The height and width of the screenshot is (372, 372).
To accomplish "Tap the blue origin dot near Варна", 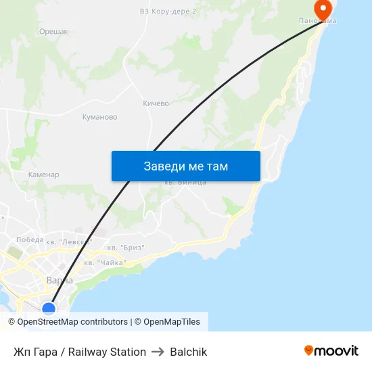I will click(x=49, y=308).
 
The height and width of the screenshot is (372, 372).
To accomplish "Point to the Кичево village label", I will click(x=156, y=103).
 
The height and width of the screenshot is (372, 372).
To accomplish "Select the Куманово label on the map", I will click(x=99, y=117).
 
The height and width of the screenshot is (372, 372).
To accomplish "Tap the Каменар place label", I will click(x=43, y=175).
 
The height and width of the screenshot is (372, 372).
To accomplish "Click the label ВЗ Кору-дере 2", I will click(x=168, y=11).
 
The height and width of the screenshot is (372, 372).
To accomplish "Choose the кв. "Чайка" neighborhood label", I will click(x=105, y=262).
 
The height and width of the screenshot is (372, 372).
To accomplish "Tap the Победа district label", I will click(x=29, y=239).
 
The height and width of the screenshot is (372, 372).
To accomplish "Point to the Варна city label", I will click(x=60, y=280).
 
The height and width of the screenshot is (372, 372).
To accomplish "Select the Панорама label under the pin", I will click(x=318, y=22).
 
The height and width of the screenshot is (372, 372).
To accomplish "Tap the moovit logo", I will click(x=331, y=350).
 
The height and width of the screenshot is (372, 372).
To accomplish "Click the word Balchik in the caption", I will click(x=189, y=352).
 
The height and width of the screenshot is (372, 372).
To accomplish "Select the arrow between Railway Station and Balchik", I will click(x=158, y=352).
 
